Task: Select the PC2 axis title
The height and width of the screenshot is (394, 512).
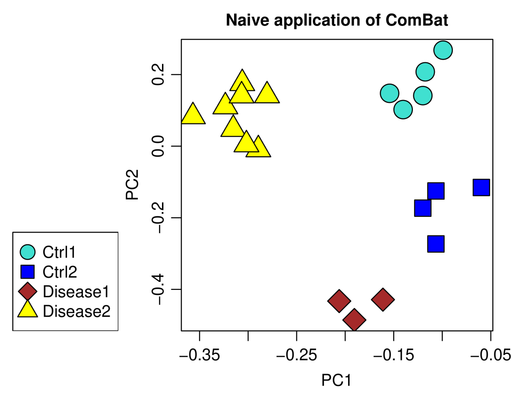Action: point(133,185)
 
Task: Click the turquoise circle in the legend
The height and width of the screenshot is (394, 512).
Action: point(27,252)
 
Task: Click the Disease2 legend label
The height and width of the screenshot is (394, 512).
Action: point(76,311)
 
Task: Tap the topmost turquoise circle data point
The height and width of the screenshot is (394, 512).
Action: point(443,50)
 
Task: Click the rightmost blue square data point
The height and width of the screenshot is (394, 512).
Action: point(481,187)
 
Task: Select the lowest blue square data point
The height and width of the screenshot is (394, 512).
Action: point(436,244)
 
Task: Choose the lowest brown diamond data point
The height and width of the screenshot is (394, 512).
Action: point(354,320)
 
